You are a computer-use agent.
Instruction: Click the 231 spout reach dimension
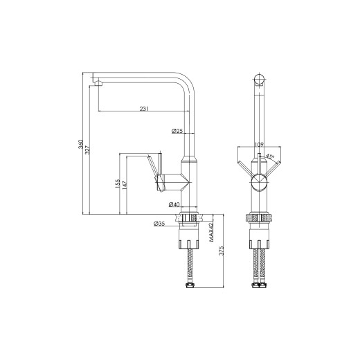[x=144, y=109]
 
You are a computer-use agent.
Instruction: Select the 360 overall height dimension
[x=80, y=144]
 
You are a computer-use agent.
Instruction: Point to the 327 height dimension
[x=87, y=150]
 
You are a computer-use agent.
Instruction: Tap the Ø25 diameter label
[x=177, y=131]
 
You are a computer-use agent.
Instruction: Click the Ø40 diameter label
[x=174, y=204]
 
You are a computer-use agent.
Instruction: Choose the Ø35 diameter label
[x=159, y=224]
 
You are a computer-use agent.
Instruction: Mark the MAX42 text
[x=211, y=233]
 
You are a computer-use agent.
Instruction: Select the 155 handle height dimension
[x=118, y=184]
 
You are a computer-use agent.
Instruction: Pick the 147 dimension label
[x=125, y=186]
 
